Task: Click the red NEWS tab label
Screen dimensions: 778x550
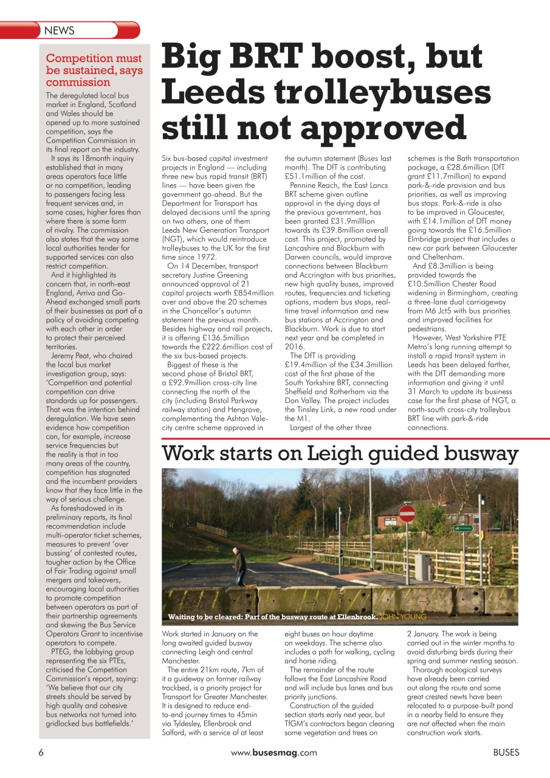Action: point(60,30)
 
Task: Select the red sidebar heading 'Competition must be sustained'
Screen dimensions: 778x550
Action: point(94,70)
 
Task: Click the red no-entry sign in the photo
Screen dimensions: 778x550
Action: point(407,514)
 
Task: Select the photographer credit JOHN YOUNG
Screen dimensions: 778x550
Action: point(402,617)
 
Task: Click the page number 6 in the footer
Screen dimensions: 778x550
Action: point(41,752)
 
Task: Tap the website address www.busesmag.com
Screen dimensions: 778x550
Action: point(274,752)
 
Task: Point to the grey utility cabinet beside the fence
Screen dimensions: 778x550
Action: point(422,566)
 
